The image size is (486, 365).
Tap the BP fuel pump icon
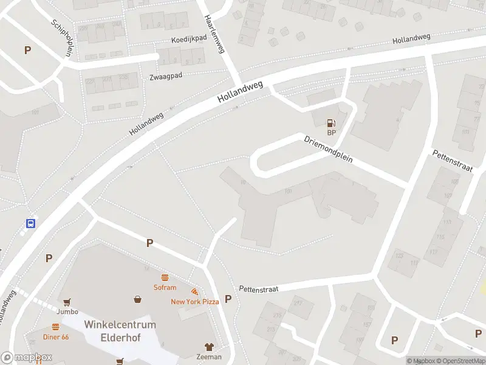tap(331, 123)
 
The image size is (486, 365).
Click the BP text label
tap(331, 133)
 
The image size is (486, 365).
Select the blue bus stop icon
tap(30, 223)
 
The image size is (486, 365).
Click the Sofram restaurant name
tap(165, 288)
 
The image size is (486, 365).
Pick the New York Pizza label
tap(194, 302)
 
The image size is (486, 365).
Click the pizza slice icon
tap(194, 292)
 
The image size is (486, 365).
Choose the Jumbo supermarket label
tap(67, 311)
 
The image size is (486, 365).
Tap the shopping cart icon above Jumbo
tap(67, 302)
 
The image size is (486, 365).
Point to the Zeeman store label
tap(209, 357)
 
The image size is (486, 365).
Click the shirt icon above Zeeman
tap(209, 347)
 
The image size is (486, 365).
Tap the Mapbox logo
tap(26, 358)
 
